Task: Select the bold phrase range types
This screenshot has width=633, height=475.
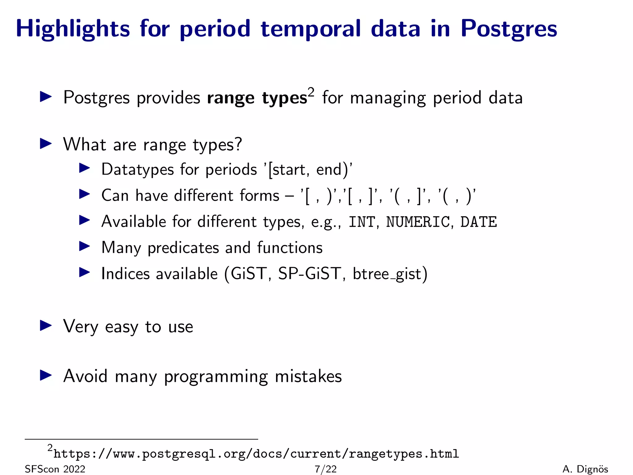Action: tap(257, 98)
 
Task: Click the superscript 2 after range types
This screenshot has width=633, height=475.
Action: tap(311, 92)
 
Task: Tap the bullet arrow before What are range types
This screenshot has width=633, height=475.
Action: tap(46, 144)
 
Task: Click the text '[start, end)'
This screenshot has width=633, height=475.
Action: tap(308, 170)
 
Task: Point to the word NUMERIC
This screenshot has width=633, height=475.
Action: tap(418, 222)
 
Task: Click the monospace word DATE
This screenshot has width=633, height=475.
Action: tap(478, 222)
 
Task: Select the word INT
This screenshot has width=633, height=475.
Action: tap(362, 222)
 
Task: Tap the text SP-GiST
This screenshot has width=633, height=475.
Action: tap(309, 274)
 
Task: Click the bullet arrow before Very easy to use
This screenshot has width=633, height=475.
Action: tap(46, 326)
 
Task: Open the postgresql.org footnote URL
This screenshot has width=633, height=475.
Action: tap(256, 454)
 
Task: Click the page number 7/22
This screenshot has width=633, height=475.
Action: tap(325, 469)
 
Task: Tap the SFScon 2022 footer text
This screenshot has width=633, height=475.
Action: tap(55, 469)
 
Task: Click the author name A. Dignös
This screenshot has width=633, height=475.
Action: tap(585, 469)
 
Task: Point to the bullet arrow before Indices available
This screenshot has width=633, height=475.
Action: tap(84, 272)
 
